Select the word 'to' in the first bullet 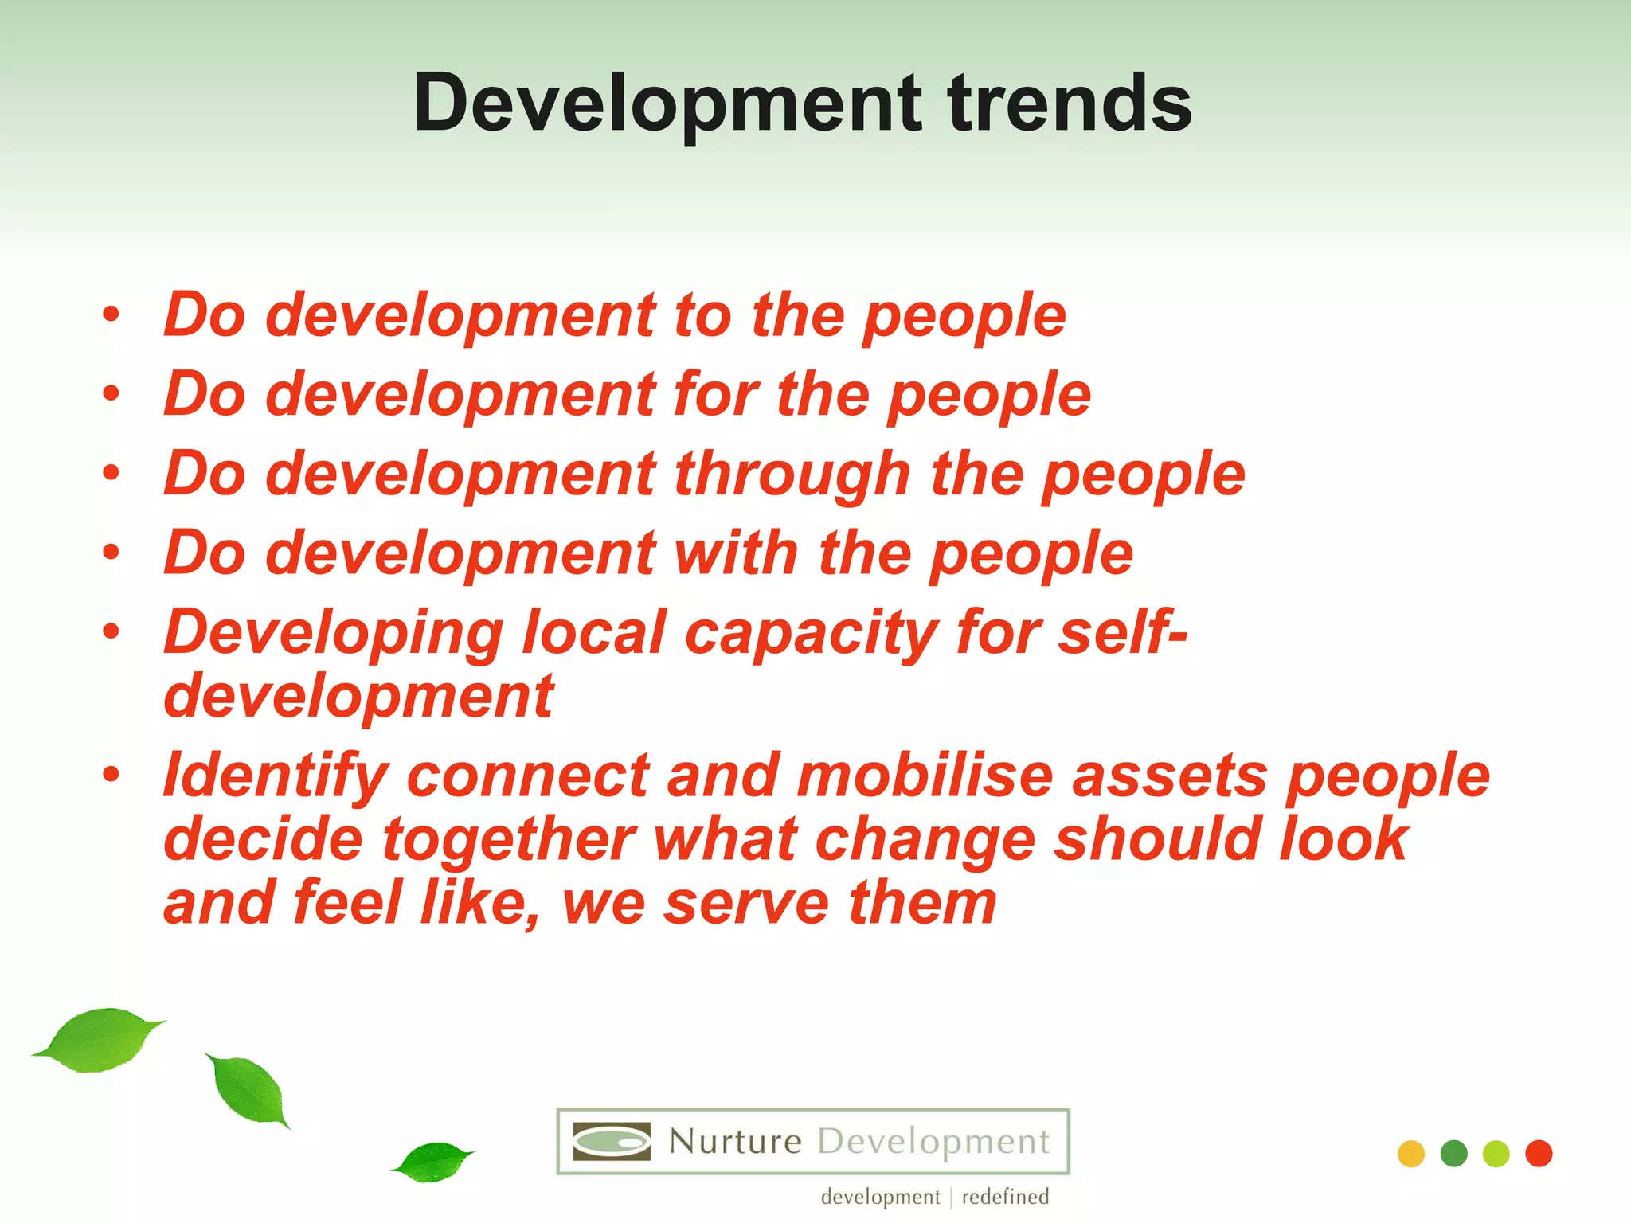pos(702,316)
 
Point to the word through pos(792,475)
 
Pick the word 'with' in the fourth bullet pos(737,553)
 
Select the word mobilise pos(925,776)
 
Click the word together pos(509,840)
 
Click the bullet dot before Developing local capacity pos(111,631)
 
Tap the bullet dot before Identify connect pos(111,774)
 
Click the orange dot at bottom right pos(1410,1154)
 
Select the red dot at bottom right pos(1539,1154)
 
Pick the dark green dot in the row pos(1453,1154)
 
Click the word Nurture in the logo pos(735,1142)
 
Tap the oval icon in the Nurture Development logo pos(612,1142)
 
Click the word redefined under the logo pos(1005,1197)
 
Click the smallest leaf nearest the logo pos(432,1161)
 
